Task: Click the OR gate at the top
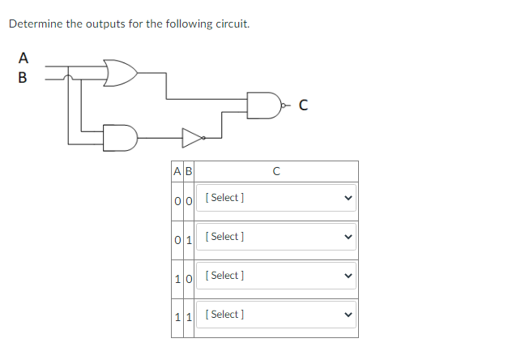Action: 120,72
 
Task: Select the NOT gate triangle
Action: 191,138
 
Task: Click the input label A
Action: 23,58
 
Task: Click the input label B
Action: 23,79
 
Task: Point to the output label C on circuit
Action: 303,104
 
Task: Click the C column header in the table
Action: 275,171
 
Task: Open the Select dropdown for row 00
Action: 275,198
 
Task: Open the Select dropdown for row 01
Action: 275,237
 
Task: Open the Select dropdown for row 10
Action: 275,276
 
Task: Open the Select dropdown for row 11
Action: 275,315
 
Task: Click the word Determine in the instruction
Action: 35,24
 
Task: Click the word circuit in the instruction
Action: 230,24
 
